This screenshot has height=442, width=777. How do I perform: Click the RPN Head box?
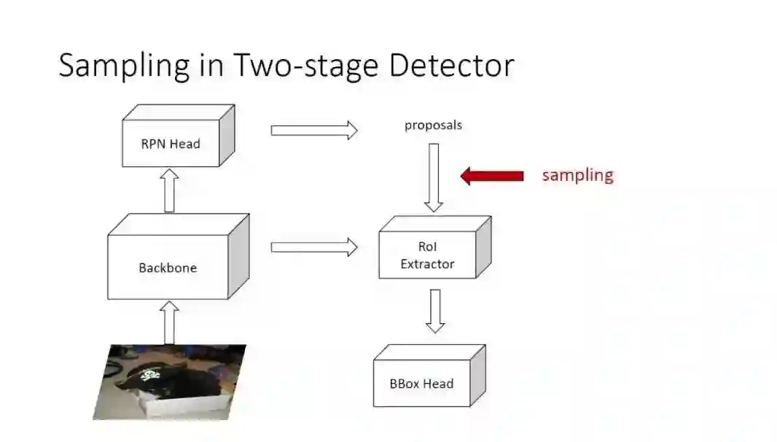[x=171, y=143]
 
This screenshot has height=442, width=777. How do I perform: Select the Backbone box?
[x=168, y=267]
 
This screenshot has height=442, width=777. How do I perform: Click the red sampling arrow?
[x=493, y=176]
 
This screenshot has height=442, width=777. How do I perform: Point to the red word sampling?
[x=577, y=175]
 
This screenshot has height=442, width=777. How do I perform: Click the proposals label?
[x=433, y=125]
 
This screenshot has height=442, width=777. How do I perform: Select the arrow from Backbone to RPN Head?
[x=169, y=191]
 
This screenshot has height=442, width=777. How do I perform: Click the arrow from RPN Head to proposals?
[x=314, y=131]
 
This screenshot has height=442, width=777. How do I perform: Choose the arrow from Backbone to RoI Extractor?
[x=314, y=247]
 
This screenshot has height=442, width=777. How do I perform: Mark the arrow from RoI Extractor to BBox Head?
[x=435, y=311]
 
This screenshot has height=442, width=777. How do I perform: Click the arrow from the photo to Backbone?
[x=169, y=322]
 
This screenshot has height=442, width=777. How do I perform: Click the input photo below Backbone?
[x=169, y=381]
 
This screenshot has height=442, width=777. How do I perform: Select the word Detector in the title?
[x=451, y=66]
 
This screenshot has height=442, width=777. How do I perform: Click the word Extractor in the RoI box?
[x=427, y=264]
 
